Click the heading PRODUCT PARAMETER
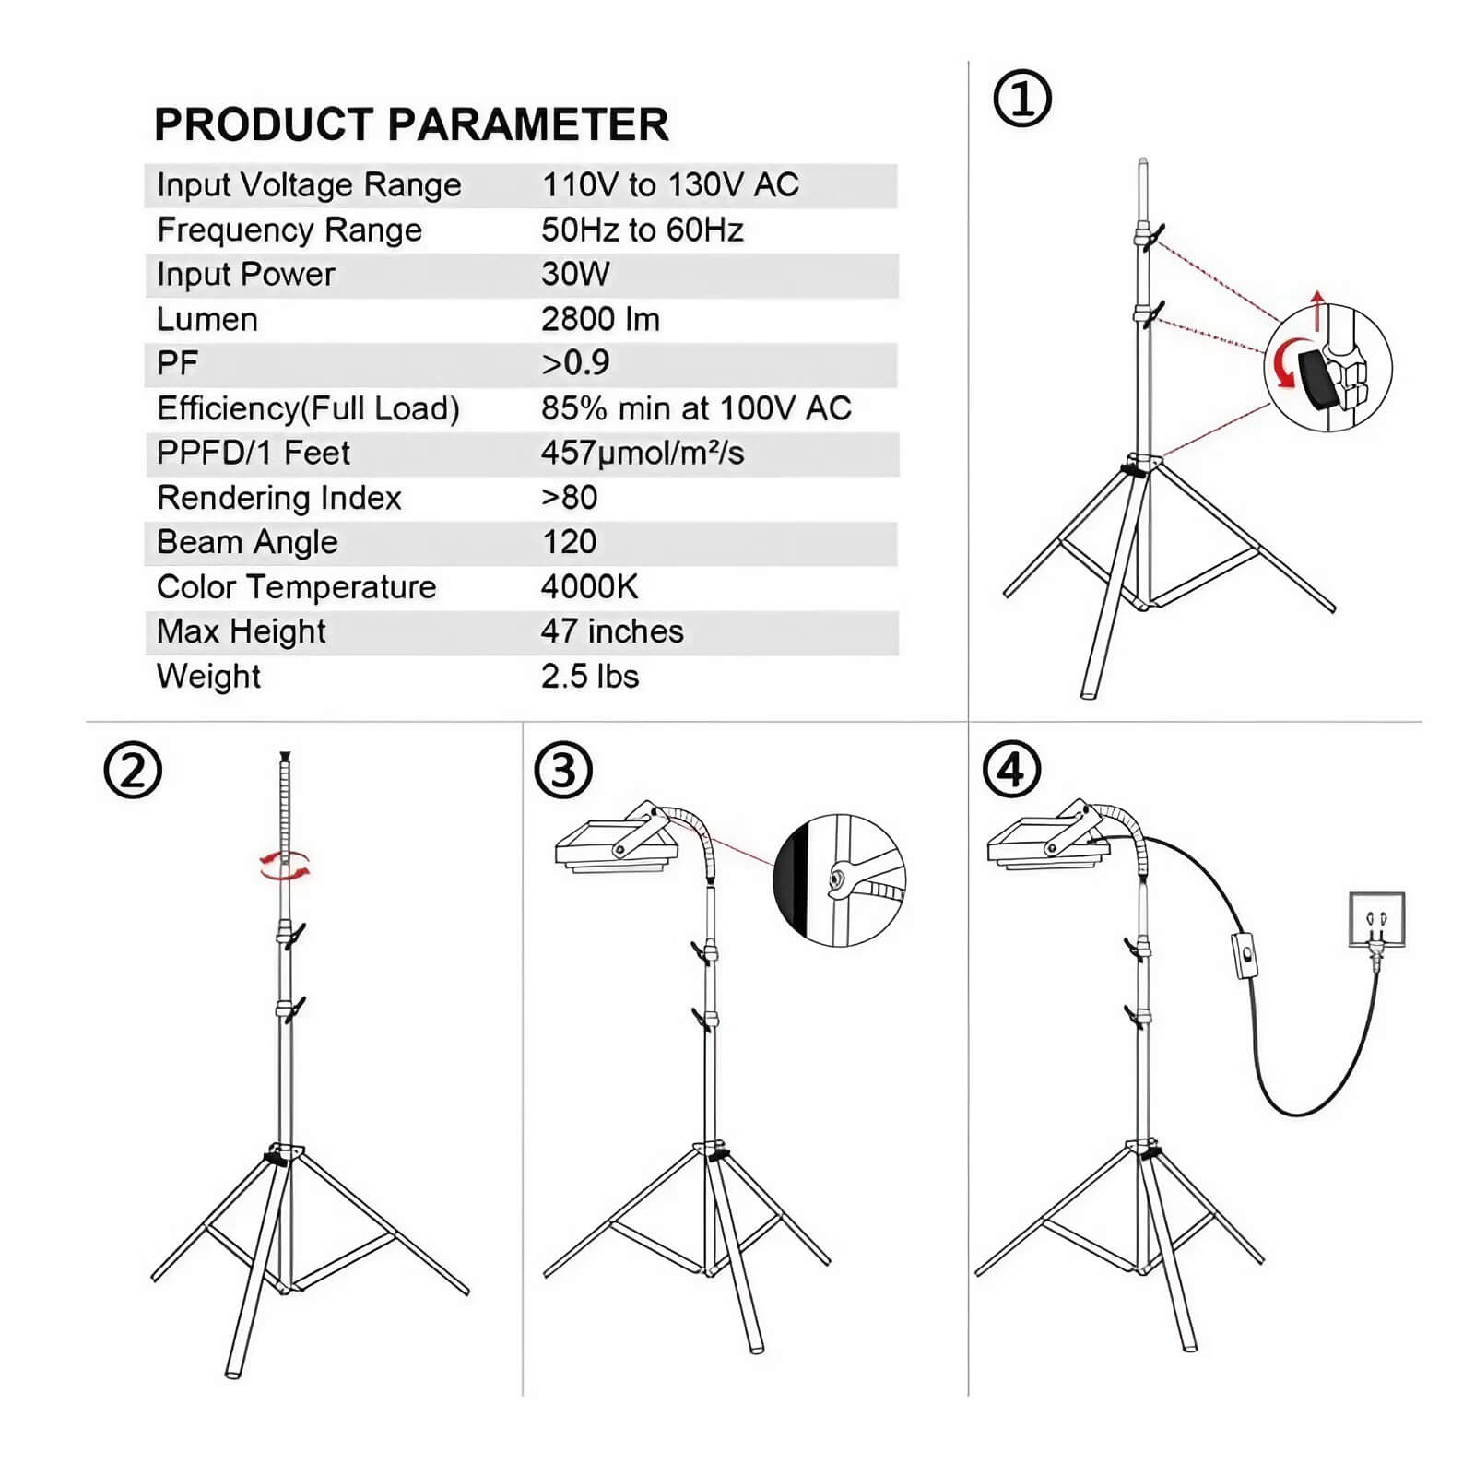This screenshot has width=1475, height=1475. pos(411,124)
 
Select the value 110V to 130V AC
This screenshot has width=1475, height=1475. pos(670,184)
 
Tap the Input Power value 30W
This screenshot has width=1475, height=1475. pos(575,274)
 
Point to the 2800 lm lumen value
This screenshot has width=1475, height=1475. pos(600,319)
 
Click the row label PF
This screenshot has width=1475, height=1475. pos(177,363)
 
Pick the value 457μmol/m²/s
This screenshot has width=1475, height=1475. pos(643,453)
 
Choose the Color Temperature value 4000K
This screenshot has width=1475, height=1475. pos(589,586)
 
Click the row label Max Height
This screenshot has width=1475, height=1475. pos(241,631)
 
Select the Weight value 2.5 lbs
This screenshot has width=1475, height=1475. pos(590,676)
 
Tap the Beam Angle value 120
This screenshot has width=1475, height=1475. pos(569,542)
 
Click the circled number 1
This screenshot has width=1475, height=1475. pos(1021,98)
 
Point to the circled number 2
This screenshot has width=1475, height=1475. pos(133,771)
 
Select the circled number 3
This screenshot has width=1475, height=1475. pos(563,771)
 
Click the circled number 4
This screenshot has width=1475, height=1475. pos(1011,771)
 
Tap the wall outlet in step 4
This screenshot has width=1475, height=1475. pos(1376,919)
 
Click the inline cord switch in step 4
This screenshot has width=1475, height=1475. pos(1245,955)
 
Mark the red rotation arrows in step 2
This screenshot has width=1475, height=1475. pos(284,867)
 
